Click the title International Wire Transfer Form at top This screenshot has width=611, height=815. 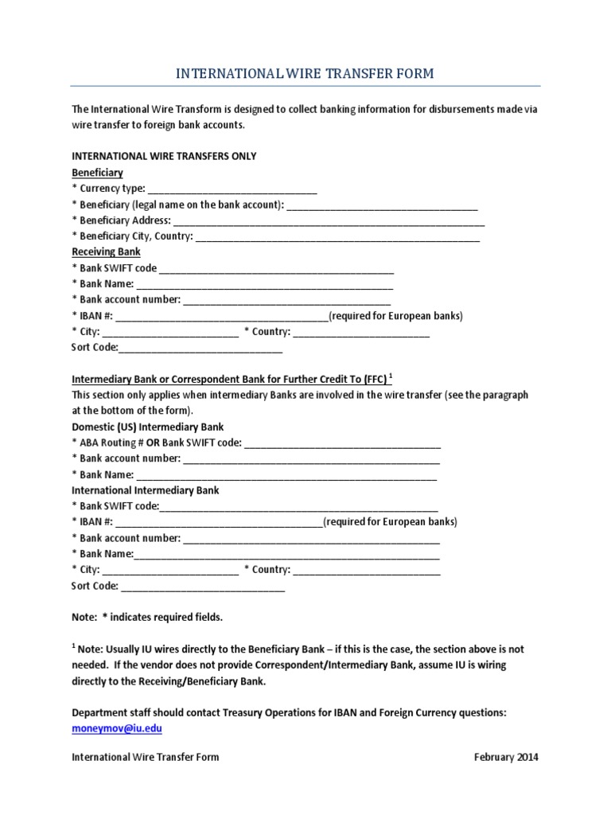coord(305,74)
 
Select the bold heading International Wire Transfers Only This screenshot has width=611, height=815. coord(164,156)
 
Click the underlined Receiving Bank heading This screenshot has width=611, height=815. coord(106,252)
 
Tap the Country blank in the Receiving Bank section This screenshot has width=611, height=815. coord(361,333)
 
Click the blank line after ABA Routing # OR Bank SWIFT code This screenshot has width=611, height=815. coord(342,443)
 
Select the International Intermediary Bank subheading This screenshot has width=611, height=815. coord(146,490)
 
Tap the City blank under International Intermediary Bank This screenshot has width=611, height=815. coord(170,571)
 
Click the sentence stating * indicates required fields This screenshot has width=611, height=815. coord(147,617)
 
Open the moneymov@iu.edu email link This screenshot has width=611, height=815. coord(117,728)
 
